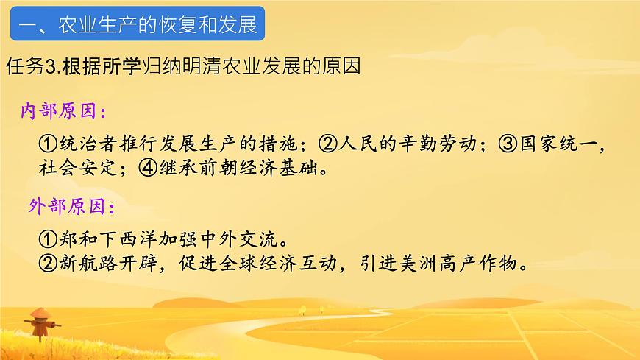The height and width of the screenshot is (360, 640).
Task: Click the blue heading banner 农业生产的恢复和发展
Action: [x=137, y=26]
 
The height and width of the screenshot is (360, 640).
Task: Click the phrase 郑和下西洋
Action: [x=104, y=239]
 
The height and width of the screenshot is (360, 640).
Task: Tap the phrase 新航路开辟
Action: [x=104, y=263]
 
